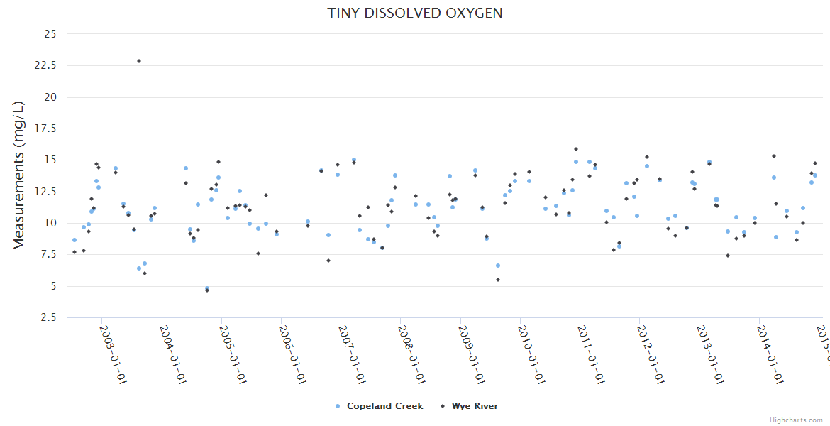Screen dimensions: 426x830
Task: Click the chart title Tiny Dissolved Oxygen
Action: (415, 13)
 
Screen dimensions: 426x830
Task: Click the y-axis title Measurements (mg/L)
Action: (19, 175)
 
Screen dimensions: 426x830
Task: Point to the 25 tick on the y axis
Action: (50, 33)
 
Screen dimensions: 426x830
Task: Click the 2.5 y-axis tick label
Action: (50, 317)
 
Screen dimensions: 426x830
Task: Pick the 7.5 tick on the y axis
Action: (50, 254)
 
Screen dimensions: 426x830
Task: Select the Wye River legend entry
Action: (475, 406)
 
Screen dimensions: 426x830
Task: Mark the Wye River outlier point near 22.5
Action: (139, 61)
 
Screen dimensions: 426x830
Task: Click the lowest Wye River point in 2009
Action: (498, 280)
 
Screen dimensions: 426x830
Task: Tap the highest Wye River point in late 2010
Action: (576, 149)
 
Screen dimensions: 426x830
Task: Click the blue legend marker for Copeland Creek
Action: (338, 406)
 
